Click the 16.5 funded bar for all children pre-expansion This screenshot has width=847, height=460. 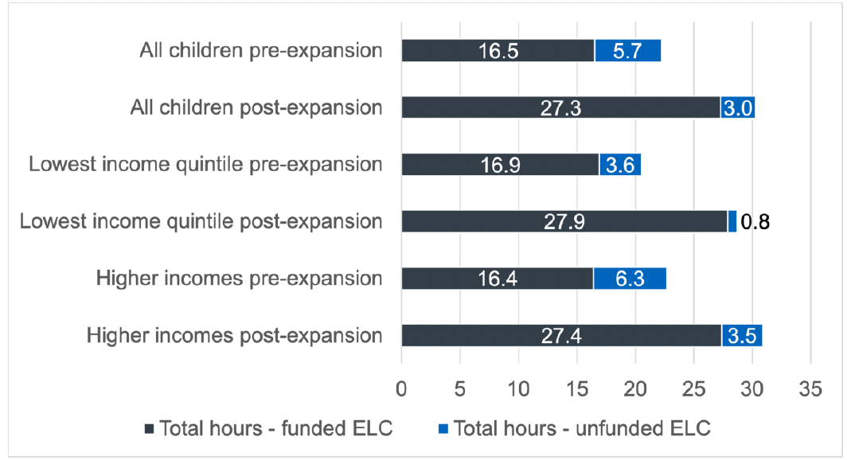point(498,51)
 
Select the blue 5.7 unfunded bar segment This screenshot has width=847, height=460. point(627,51)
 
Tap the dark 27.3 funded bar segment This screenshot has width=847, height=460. point(560,107)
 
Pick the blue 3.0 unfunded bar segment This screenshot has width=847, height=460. point(737,107)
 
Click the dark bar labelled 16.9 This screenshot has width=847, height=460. point(500,165)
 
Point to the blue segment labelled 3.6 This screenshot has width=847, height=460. point(619,165)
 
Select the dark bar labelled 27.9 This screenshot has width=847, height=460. point(564,221)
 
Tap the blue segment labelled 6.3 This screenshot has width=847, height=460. point(630,279)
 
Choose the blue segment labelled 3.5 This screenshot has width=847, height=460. point(741,335)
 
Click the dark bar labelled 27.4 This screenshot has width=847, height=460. point(561,335)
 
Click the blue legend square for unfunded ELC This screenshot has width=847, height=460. point(444,429)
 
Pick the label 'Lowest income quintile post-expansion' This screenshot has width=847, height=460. point(201,221)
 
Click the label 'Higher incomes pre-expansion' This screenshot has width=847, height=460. point(239,279)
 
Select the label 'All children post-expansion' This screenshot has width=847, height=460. point(256,107)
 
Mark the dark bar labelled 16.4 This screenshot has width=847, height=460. point(497,279)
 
